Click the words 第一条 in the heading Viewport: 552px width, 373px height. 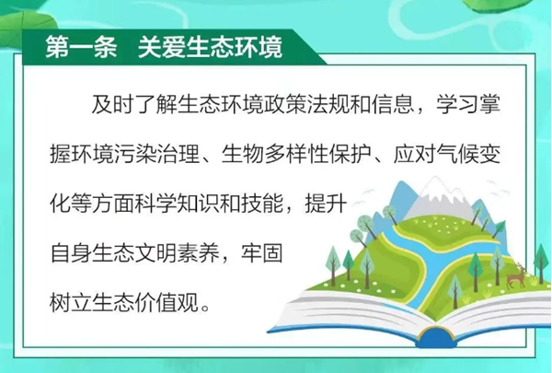click(x=81, y=47)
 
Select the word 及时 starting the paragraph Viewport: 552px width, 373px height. click(x=113, y=104)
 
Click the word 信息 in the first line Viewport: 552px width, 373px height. click(x=393, y=104)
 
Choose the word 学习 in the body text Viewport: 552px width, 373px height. click(x=457, y=104)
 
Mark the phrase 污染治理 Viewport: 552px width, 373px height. click(x=156, y=154)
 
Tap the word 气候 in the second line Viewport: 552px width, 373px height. click(x=457, y=154)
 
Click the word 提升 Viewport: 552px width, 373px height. click(x=327, y=204)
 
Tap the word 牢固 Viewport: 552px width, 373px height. click(x=262, y=252)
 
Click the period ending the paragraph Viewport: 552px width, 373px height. click(x=205, y=308)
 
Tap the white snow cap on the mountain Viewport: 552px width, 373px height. click(x=436, y=193)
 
